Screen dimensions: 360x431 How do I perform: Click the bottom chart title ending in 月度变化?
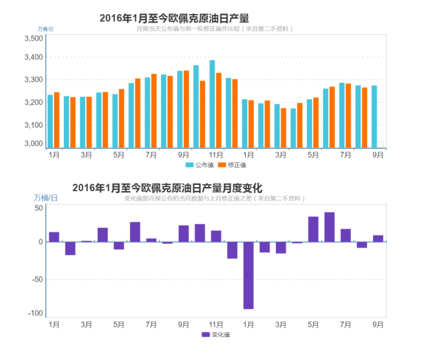pos(167,188)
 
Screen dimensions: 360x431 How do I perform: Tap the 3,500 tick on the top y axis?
pos(33,39)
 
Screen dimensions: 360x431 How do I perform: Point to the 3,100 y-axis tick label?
pos(33,125)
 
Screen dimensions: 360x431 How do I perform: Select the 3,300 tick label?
pos(33,80)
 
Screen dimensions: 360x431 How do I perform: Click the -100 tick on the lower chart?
pos(35,314)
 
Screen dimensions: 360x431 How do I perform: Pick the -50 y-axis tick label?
pos(36,279)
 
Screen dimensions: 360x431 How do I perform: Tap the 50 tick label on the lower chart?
pos(39,209)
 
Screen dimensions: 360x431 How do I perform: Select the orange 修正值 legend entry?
pos(233,165)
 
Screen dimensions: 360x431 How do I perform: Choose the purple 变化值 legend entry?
pos(216,334)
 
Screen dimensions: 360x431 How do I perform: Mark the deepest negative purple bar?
pos(248,275)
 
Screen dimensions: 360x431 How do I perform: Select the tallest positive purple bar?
pos(329,227)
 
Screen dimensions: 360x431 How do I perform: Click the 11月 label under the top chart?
pos(216,155)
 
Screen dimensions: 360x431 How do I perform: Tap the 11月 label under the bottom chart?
pos(216,324)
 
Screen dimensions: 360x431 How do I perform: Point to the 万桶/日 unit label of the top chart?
pos(46,29)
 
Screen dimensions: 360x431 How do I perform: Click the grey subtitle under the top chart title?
pos(214,29)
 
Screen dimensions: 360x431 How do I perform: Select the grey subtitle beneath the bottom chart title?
pos(214,199)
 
